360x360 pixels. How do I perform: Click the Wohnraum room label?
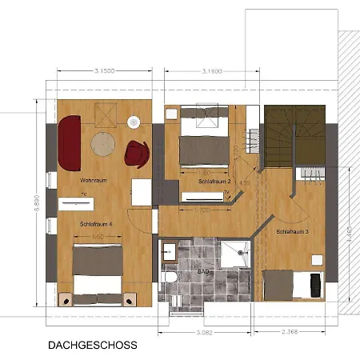click(94, 181)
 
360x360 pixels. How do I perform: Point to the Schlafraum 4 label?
click(95, 225)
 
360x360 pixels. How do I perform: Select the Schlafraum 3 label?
click(293, 231)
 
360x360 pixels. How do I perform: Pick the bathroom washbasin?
click(169, 252)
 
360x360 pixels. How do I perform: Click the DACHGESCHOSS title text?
click(92, 346)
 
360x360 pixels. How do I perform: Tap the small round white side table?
click(134, 122)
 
